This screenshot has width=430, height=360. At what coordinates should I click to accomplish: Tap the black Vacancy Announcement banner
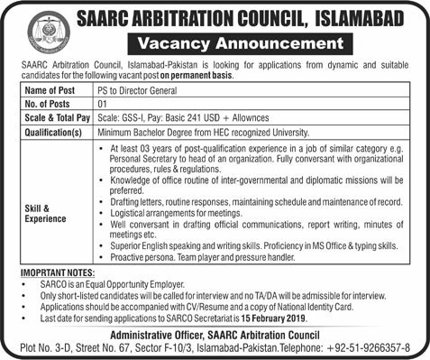click(x=235, y=42)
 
